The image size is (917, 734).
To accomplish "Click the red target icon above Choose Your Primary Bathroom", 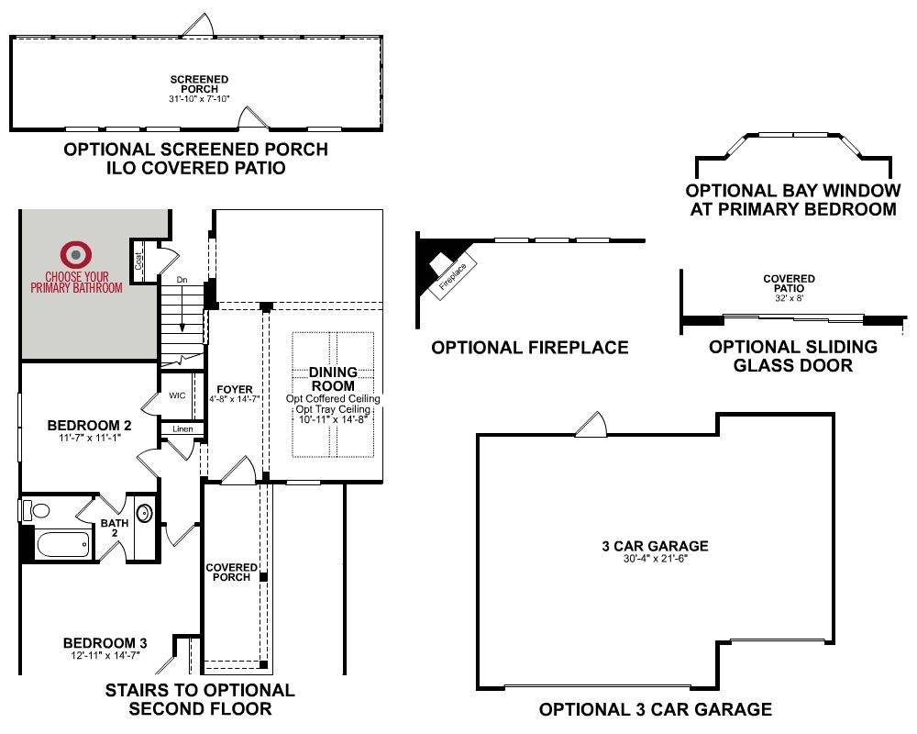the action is [76, 255].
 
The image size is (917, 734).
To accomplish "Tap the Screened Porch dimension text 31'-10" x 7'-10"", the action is [199, 99].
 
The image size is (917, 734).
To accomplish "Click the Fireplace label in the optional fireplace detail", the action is [453, 276].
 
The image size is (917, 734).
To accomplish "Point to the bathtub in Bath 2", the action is [63, 545].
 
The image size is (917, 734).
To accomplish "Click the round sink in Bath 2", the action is [144, 513].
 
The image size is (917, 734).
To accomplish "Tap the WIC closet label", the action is [177, 395].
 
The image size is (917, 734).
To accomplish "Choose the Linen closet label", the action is [182, 429].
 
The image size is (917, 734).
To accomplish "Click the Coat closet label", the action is [138, 261].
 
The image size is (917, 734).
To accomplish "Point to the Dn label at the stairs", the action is [182, 280].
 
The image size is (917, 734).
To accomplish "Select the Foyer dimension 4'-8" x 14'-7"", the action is [235, 399].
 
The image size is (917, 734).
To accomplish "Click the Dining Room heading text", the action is [333, 379].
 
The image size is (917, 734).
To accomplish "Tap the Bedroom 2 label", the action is [90, 426].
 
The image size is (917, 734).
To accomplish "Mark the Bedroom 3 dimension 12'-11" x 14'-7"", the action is [105, 656].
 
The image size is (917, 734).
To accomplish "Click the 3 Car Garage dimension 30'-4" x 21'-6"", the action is [655, 559].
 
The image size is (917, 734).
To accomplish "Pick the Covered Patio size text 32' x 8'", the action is [789, 298].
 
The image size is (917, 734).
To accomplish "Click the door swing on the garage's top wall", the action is [591, 425].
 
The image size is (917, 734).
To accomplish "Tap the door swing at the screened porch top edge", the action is [200, 25].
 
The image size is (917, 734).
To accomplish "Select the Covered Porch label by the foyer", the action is [232, 572].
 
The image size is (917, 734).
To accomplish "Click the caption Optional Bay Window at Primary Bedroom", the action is [793, 200].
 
